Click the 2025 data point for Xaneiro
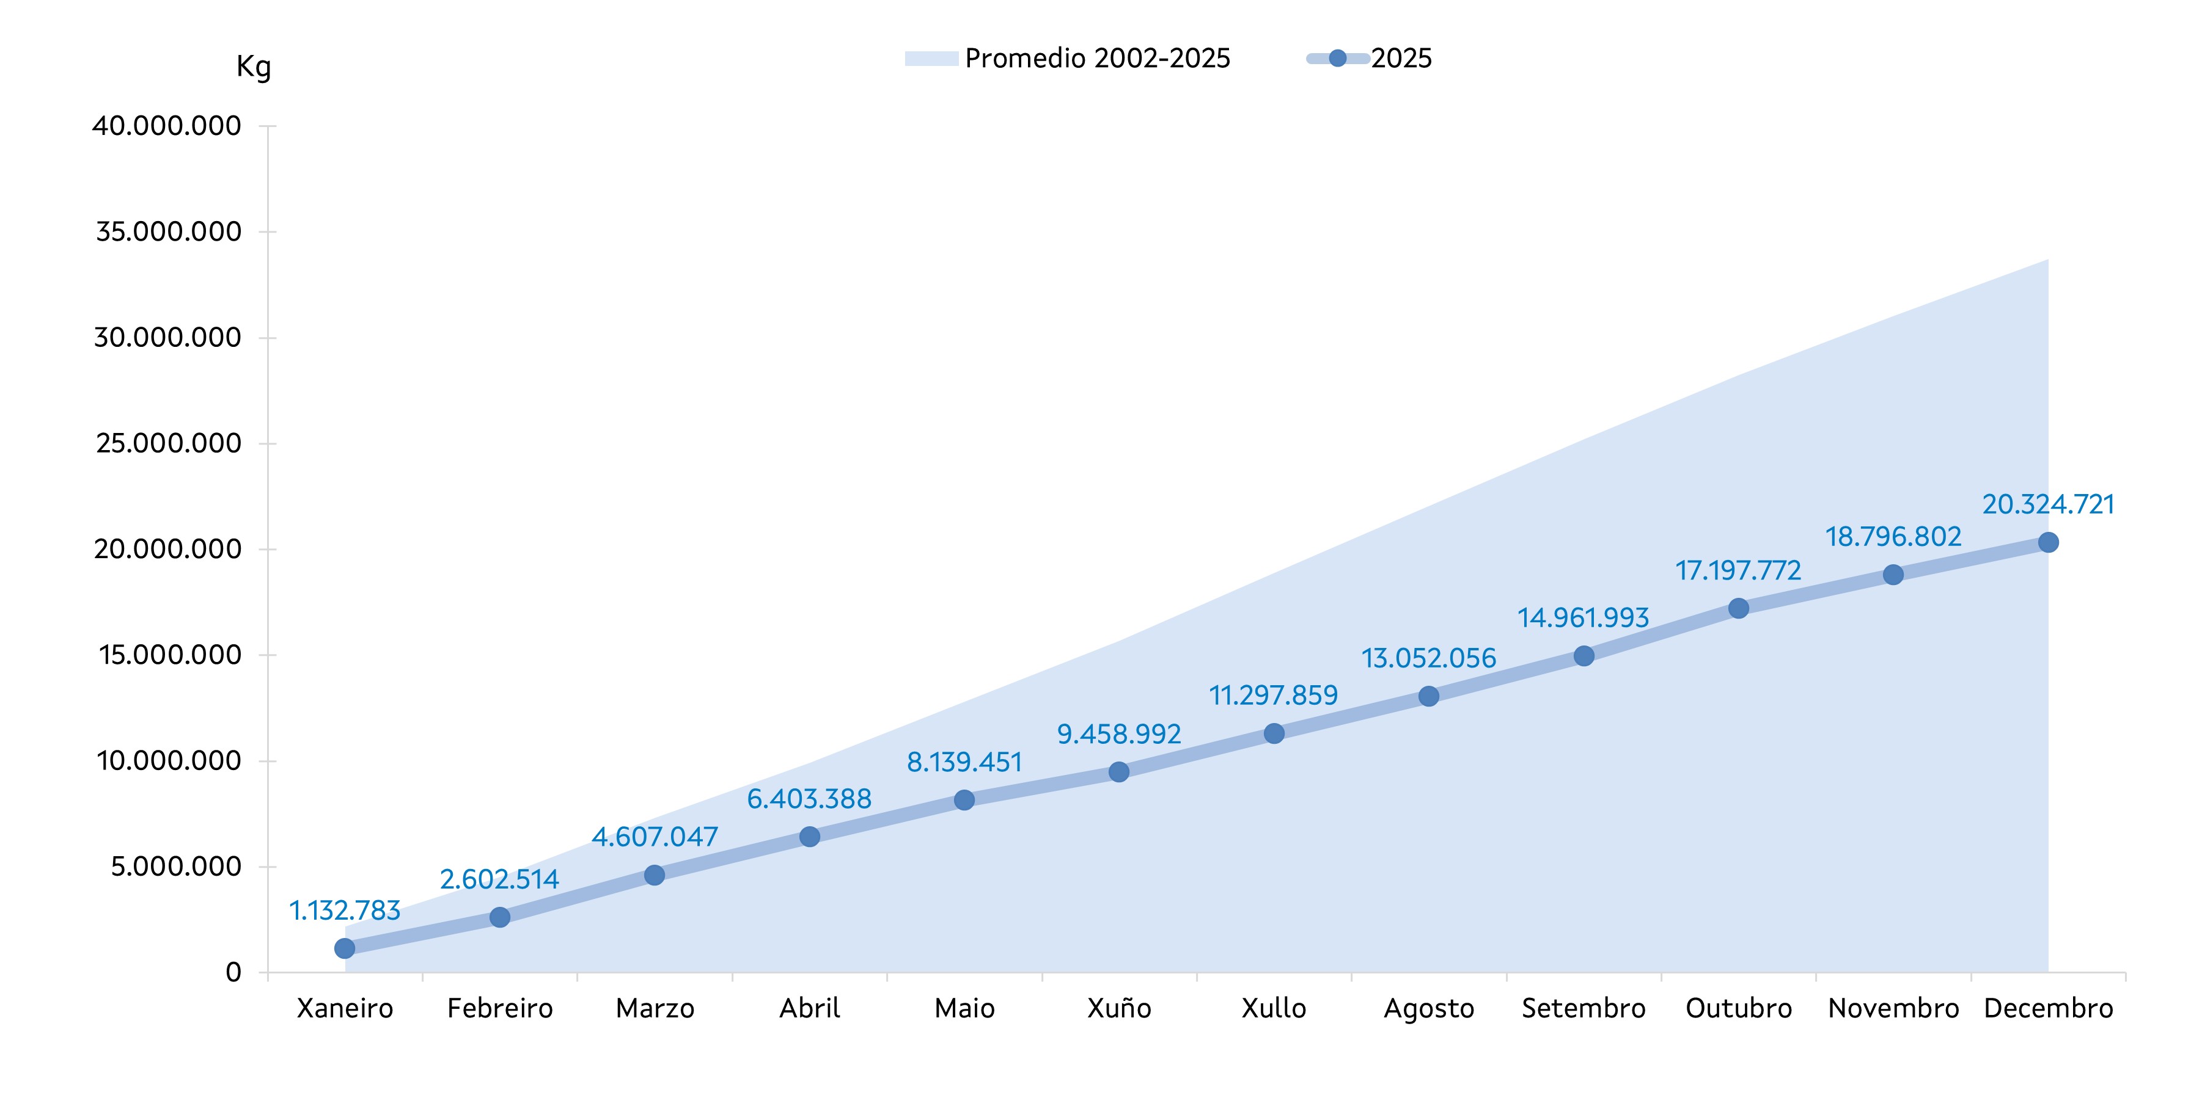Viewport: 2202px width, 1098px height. [x=345, y=948]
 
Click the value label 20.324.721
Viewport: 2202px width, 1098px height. [x=2047, y=504]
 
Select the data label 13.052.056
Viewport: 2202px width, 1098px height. [x=1428, y=658]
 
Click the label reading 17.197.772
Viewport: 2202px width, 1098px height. [x=1738, y=570]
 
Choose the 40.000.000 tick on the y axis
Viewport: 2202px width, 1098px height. [x=167, y=126]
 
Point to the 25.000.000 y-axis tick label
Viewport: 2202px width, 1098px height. [x=169, y=443]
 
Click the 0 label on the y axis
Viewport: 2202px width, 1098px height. [x=232, y=972]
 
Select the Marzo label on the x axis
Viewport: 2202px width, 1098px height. [x=655, y=1008]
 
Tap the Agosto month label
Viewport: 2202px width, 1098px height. [x=1428, y=1008]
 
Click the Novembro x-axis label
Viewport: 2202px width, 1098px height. [x=1893, y=1008]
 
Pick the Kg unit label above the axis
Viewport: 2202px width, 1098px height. [x=253, y=67]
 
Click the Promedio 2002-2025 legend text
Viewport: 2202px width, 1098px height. [x=1097, y=58]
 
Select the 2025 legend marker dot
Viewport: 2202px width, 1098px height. [x=1338, y=58]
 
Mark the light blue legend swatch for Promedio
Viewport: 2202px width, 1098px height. [x=931, y=58]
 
